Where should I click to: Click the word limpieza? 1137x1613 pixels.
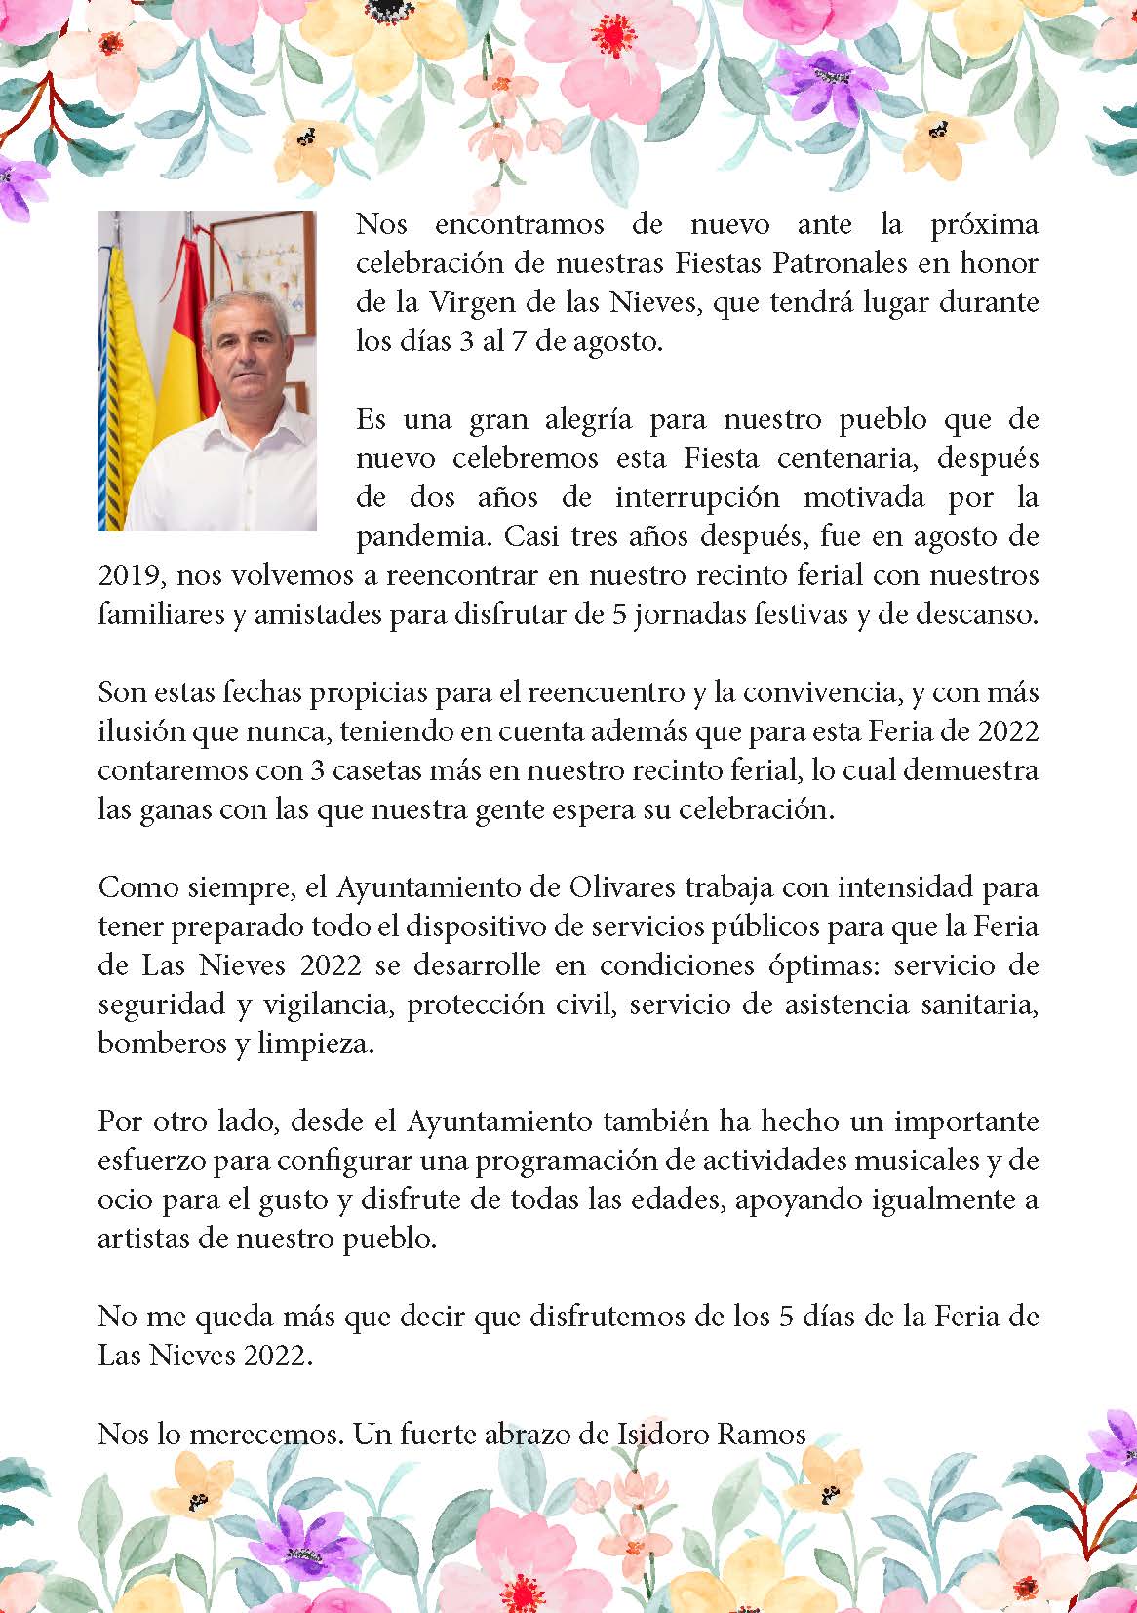point(315,1044)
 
